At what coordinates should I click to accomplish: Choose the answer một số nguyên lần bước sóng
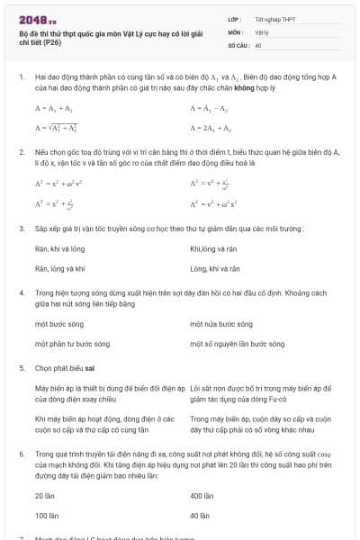pyautogui.click(x=238, y=343)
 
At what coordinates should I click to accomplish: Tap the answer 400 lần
pyautogui.click(x=202, y=495)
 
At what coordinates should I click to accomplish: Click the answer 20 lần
pyautogui.click(x=43, y=495)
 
